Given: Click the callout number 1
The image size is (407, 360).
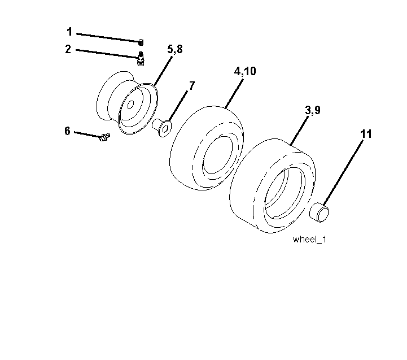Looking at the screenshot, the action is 69,32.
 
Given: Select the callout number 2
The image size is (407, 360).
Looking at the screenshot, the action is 68,49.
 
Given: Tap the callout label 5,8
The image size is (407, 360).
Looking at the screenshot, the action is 175,49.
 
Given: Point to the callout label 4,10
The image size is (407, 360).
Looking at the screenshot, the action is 245,71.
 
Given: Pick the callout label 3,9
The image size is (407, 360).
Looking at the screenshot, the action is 313,110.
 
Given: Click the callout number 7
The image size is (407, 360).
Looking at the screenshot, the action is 192,86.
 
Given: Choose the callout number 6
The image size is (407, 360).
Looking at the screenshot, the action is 68,131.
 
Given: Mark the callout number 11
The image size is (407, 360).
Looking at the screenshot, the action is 366,134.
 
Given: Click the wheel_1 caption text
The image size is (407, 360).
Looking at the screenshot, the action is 309,240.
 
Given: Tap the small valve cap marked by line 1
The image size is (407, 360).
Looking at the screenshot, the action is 141,42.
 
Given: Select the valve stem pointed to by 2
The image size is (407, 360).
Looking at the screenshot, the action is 141,58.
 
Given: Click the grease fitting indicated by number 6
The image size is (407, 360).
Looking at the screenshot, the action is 105,137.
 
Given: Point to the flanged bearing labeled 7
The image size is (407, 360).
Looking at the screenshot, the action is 161,127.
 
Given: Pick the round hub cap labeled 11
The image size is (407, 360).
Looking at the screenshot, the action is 319,212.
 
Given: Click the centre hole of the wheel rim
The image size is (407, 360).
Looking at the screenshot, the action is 130,104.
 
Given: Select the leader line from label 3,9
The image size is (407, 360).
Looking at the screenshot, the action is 300,131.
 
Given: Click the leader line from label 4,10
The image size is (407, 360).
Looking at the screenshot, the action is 234,94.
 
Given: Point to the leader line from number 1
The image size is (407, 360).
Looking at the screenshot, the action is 109,38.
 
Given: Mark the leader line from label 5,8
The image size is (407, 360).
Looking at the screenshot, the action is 163,71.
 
